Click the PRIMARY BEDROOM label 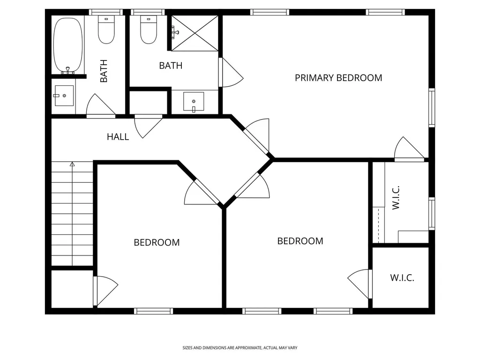338,78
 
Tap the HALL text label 118,137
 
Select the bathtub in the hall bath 68,45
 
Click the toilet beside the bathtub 106,30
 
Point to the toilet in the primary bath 149,30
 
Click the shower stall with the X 195,33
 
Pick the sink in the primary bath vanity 194,102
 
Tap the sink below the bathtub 64,96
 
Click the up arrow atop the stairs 72,165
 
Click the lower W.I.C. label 402,278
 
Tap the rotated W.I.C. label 396,197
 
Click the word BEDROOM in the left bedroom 157,242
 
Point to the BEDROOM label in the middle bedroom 300,241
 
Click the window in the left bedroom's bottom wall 153,311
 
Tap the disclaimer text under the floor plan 240,348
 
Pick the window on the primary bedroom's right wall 432,107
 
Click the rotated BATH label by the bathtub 104,71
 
